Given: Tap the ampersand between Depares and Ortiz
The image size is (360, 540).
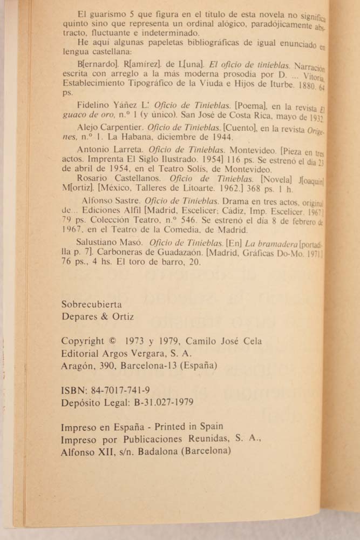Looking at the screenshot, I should coord(103,317).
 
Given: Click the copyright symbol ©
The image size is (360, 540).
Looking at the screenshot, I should coord(112,341).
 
